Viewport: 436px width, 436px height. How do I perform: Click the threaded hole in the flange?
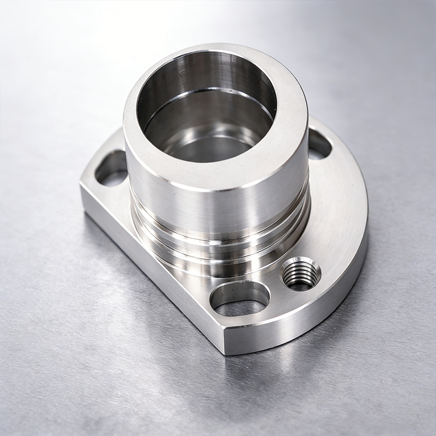(x=301, y=272)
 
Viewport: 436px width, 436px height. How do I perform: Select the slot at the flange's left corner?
(x=111, y=169)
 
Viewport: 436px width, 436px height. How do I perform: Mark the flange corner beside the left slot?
(x=84, y=185)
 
